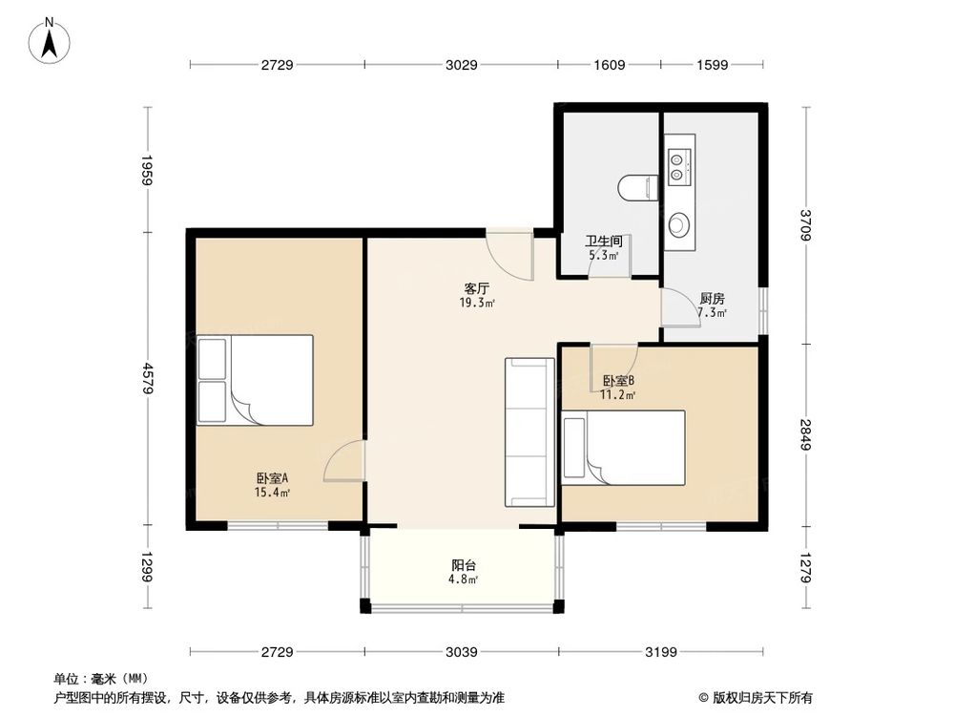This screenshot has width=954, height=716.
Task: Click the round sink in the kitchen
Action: [678, 225]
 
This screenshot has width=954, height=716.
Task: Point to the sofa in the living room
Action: [529, 432]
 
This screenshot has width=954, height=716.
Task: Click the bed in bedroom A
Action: [255, 380]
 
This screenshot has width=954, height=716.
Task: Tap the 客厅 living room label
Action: [477, 287]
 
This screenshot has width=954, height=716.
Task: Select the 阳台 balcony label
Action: [463, 564]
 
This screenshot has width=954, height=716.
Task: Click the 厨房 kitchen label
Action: [712, 297]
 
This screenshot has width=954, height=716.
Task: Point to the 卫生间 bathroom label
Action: [604, 242]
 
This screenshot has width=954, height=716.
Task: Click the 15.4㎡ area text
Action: [272, 493]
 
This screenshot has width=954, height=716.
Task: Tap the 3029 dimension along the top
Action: [461, 65]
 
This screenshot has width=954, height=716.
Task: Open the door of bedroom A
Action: [344, 461]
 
